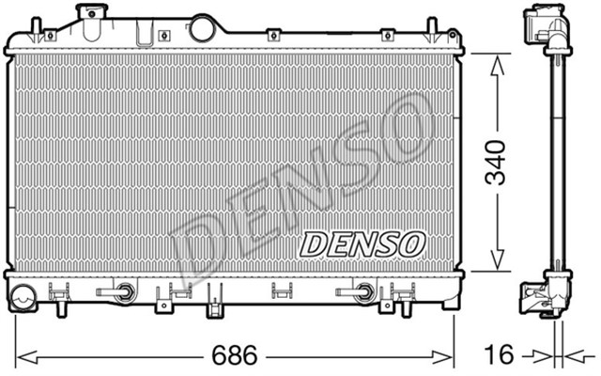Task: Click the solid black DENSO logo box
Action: point(362,244)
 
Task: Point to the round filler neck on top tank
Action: point(202,27)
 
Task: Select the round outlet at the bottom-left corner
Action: point(21,299)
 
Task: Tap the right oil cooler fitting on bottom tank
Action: point(362,292)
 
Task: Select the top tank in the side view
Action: point(547,28)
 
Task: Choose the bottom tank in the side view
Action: point(546,293)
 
